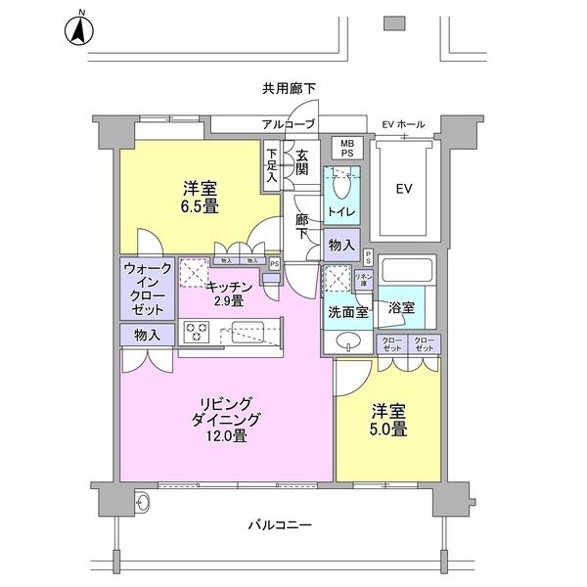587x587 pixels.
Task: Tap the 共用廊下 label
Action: (290, 89)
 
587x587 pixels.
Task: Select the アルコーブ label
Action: (288, 124)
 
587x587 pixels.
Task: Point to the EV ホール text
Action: (403, 124)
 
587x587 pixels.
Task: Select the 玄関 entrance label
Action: (302, 162)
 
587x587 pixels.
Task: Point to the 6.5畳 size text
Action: (198, 206)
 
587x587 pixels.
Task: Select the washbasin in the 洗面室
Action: (346, 342)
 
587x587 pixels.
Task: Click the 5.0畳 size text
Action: (387, 427)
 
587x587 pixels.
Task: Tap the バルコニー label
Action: (287, 525)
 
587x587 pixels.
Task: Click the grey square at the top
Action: (394, 22)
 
